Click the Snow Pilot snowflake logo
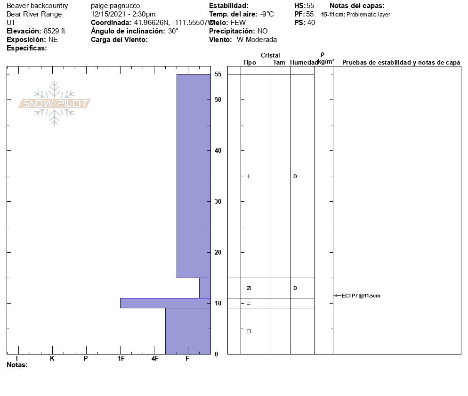tap(54, 103)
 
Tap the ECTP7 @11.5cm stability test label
tap(361, 296)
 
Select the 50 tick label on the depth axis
tap(218, 100)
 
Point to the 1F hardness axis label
tap(121, 358)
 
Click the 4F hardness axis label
tap(154, 358)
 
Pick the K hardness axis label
tap(52, 358)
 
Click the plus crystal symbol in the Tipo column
tap(249, 176)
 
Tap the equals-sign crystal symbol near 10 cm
tap(249, 304)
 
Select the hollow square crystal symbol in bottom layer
tap(249, 331)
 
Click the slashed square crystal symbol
tap(249, 288)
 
